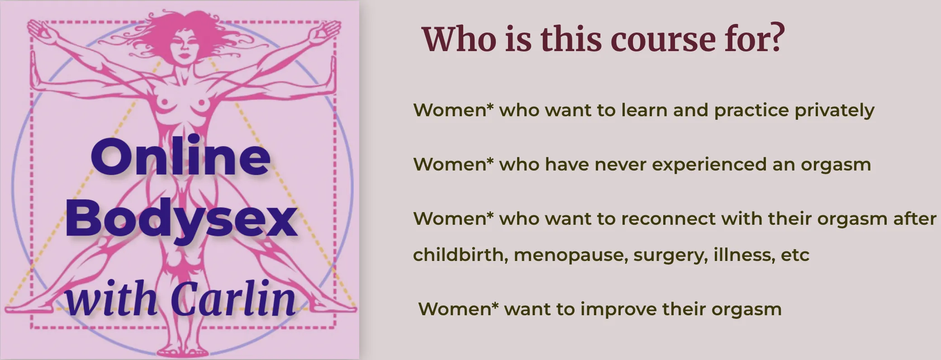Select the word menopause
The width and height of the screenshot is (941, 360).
(x=571, y=256)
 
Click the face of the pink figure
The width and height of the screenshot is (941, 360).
(x=184, y=45)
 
